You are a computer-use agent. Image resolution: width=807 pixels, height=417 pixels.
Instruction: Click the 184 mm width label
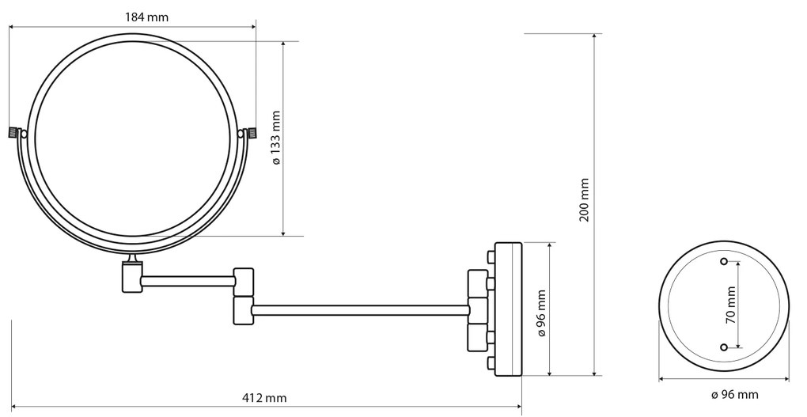click(x=146, y=17)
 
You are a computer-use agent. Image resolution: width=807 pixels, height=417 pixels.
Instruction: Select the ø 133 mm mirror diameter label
click(x=276, y=138)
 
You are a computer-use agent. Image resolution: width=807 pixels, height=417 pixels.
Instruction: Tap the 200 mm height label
click(x=585, y=199)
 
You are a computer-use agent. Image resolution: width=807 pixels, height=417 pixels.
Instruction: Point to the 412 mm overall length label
click(x=264, y=397)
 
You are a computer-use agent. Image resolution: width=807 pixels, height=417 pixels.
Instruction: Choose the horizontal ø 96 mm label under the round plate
click(x=734, y=394)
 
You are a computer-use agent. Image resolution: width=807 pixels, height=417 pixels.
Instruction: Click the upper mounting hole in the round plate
click(x=724, y=260)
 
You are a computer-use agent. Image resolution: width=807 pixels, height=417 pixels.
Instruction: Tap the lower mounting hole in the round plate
click(x=724, y=347)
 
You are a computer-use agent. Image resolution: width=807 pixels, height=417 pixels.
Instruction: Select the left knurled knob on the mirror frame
click(x=13, y=133)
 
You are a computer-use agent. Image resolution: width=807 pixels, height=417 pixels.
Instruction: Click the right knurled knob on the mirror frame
click(x=253, y=133)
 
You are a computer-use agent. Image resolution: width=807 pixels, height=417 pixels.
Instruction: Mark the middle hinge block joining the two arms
click(x=243, y=295)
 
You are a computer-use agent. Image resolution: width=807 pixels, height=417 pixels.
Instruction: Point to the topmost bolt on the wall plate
click(x=491, y=256)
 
